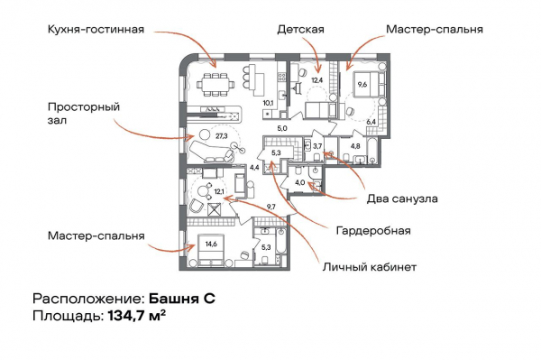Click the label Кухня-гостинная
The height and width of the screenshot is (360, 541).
click(x=96, y=29)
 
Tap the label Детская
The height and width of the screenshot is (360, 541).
click(x=300, y=29)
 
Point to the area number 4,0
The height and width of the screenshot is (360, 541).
click(x=299, y=182)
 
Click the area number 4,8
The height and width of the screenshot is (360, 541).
click(x=354, y=145)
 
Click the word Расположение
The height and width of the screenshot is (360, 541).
click(x=87, y=298)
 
